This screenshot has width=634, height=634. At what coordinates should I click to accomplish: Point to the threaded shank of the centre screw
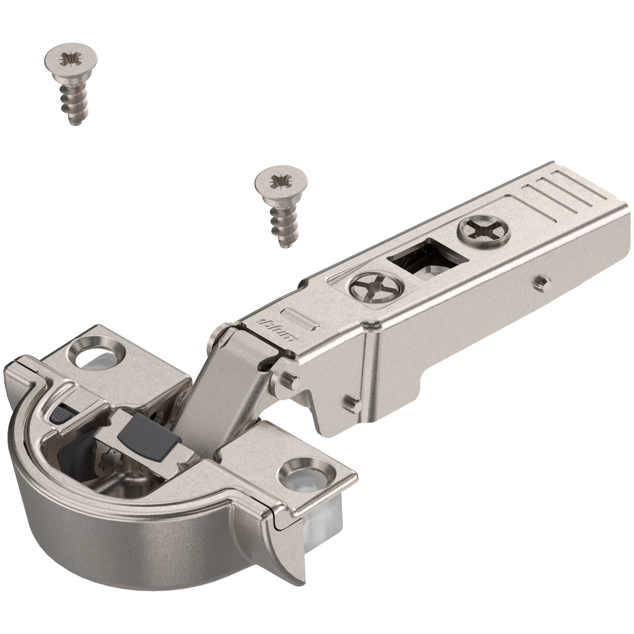coord(280,225)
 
